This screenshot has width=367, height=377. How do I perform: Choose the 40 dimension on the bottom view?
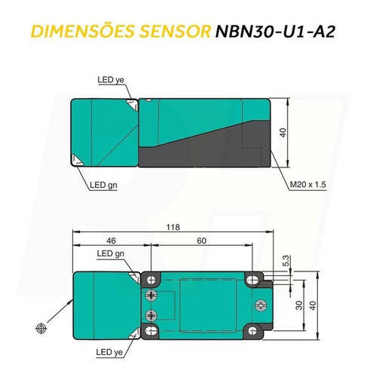coord(322,305)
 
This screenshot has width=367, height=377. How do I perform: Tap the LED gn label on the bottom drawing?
coord(110,253)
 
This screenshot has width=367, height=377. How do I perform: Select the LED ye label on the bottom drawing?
coord(109,352)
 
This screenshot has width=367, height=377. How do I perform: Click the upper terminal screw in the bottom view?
coord(154,294)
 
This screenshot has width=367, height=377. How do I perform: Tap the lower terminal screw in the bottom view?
coord(154,314)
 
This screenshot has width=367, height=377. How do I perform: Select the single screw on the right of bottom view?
coord(260,305)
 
